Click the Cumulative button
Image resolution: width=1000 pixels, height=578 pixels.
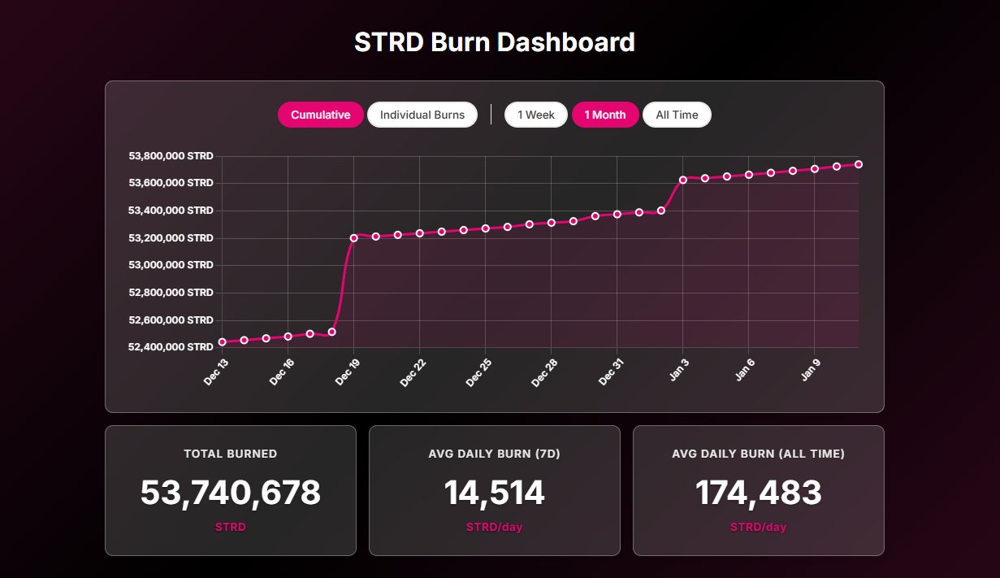point(320,115)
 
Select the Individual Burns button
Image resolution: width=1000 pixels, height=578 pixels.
point(422,115)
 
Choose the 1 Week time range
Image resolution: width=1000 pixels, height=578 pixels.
point(536,115)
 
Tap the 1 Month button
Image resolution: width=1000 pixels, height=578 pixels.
point(605,115)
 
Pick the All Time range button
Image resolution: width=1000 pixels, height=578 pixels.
point(677,115)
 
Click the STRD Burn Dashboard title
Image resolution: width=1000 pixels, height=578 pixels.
point(494,42)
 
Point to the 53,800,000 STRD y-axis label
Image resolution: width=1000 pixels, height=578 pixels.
point(171,155)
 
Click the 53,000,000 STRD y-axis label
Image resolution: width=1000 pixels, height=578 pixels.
point(171,265)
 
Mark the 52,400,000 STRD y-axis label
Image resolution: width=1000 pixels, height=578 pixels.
point(171,347)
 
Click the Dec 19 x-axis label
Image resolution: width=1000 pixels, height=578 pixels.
point(347,372)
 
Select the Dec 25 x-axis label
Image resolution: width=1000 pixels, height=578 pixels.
point(478,372)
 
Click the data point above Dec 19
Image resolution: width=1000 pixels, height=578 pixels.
point(354,238)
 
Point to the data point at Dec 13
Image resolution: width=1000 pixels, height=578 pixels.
point(223,342)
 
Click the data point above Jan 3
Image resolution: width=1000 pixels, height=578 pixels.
point(683,180)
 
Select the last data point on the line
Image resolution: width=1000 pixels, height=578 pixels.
point(859,164)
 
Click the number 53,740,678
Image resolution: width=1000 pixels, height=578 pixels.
point(231,493)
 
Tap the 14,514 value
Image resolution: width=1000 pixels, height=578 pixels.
point(494,493)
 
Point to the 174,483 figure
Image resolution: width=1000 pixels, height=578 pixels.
point(758,493)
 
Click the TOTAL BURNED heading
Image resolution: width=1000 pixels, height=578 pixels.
point(231,454)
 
